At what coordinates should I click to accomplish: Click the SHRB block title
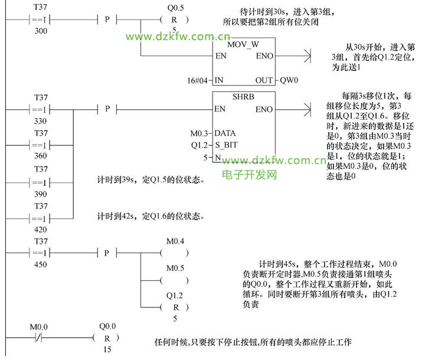(244, 96)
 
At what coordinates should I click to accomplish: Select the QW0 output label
(289, 80)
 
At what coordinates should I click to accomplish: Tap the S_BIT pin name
(226, 145)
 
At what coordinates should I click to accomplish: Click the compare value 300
(41, 30)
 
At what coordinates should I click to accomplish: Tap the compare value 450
(41, 264)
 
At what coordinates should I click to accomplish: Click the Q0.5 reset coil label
(175, 8)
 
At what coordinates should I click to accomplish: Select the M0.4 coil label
(175, 241)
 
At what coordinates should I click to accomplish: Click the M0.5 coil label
(175, 268)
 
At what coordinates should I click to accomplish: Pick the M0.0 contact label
(39, 327)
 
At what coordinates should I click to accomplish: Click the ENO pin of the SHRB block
(264, 109)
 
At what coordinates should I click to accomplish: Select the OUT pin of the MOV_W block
(264, 80)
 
